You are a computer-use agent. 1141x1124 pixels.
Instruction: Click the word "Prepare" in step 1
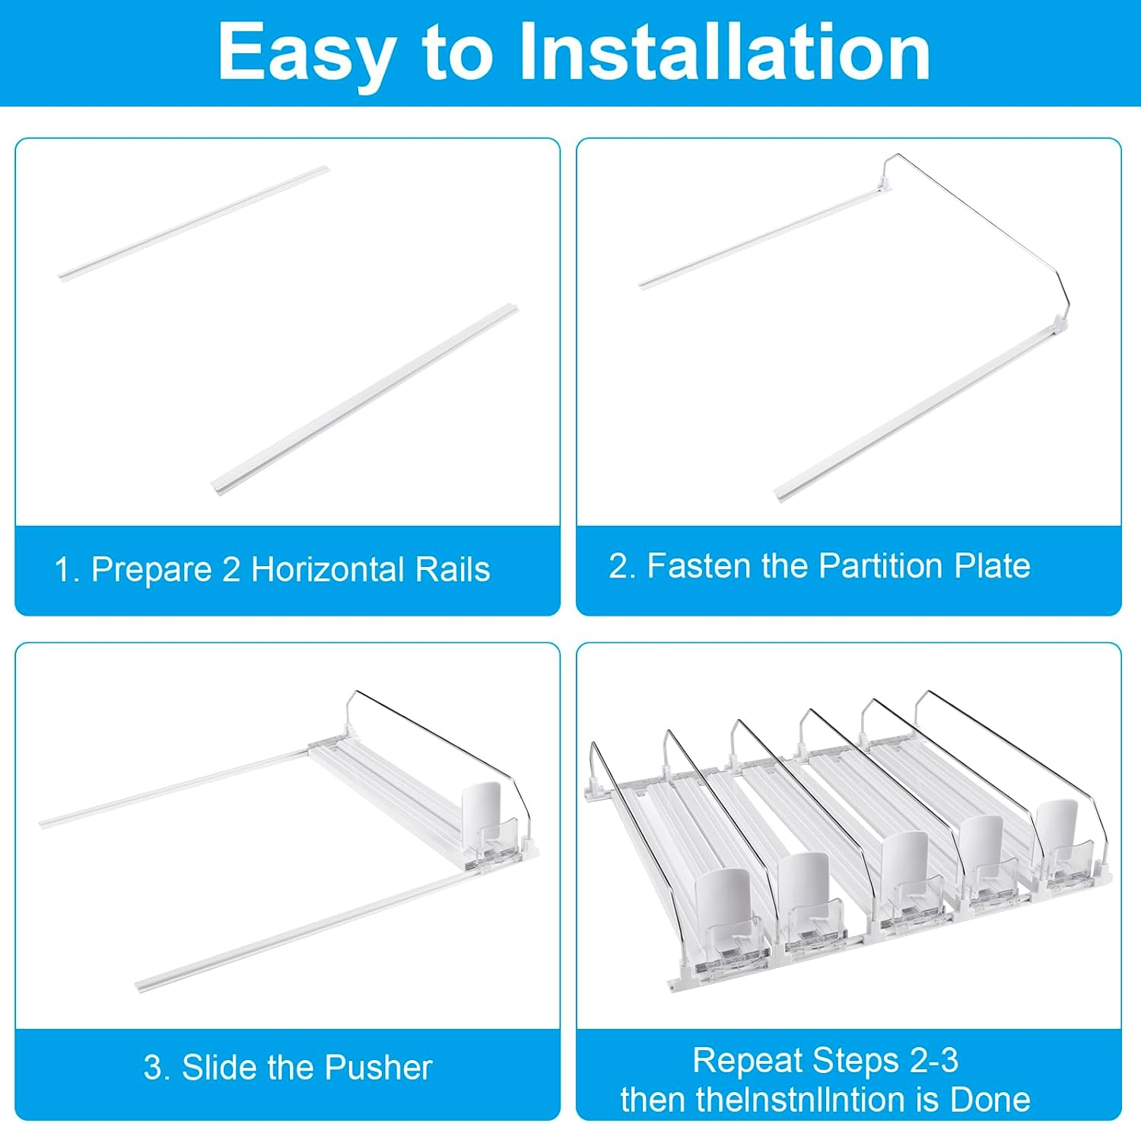pos(151,570)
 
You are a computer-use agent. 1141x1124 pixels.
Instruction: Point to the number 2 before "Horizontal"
pos(231,570)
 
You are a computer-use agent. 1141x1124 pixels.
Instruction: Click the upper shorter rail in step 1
pos(194,222)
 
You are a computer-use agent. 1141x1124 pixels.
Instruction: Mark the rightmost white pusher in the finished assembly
pos(1058,829)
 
